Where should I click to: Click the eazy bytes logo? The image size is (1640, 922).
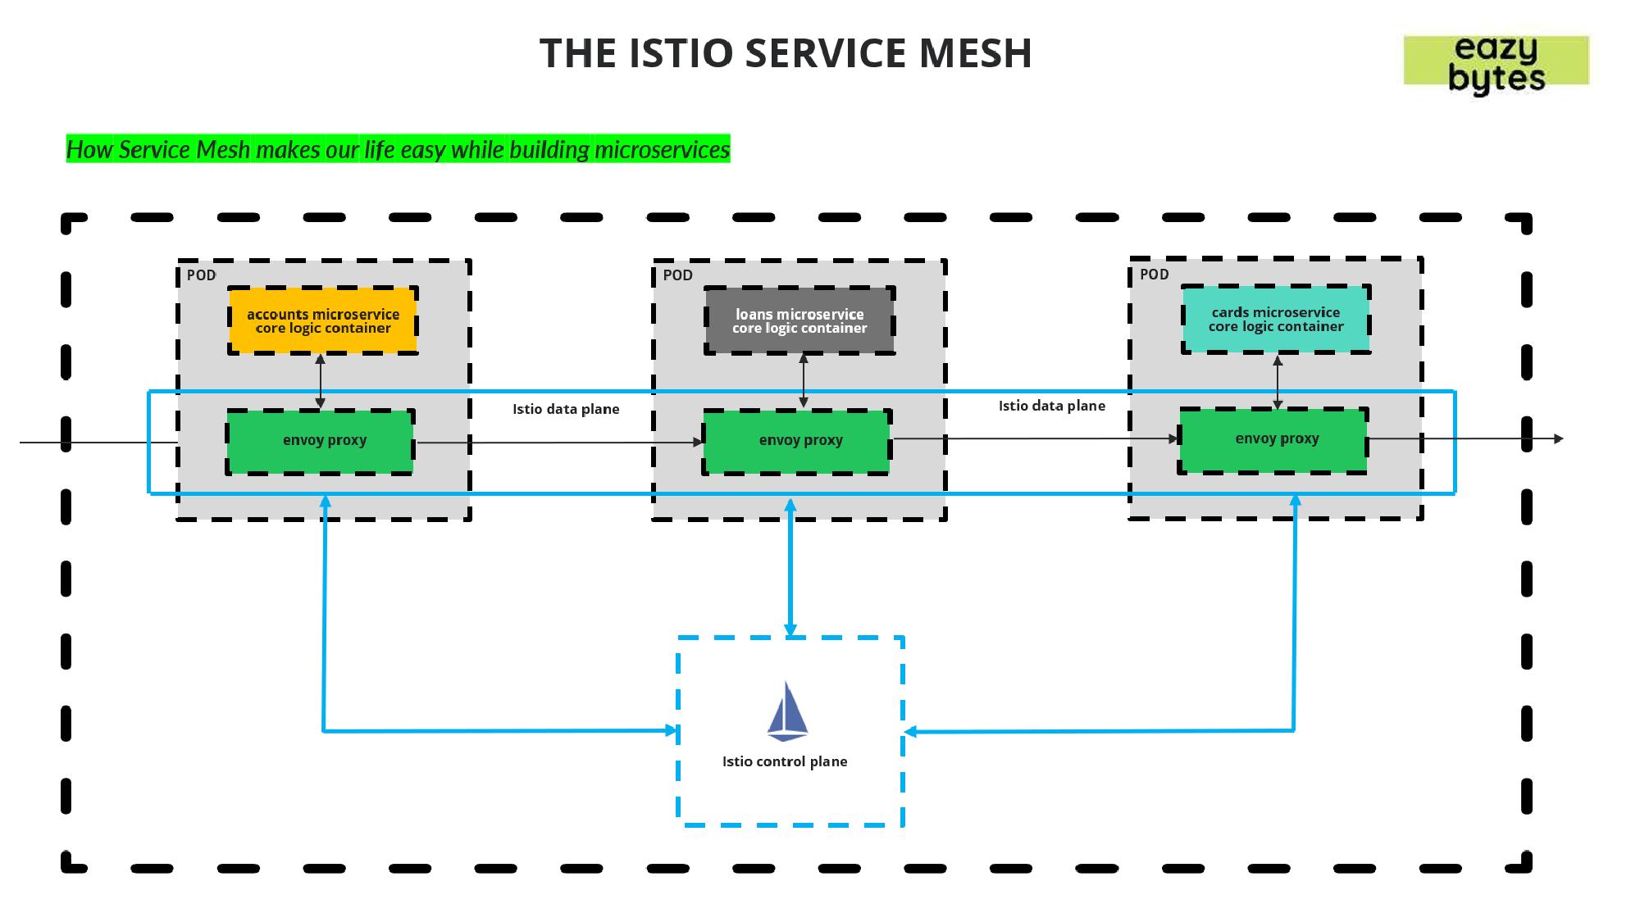(x=1496, y=62)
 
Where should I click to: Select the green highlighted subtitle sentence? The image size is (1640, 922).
(x=398, y=149)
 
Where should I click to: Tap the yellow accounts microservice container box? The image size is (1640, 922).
(x=323, y=320)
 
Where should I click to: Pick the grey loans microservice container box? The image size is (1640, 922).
(x=799, y=320)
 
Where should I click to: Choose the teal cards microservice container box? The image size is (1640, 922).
(x=1276, y=319)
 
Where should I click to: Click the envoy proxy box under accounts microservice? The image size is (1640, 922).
(x=321, y=441)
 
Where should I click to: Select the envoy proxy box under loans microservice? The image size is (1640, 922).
(x=797, y=441)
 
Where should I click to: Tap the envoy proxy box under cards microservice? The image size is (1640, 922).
(x=1273, y=439)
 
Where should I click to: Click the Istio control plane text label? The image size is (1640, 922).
(x=785, y=761)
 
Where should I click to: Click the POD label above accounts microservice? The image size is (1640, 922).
(x=201, y=275)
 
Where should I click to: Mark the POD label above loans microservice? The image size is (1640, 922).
(x=677, y=275)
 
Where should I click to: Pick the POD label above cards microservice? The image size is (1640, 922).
(x=1154, y=275)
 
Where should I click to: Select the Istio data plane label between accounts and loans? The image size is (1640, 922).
(x=566, y=409)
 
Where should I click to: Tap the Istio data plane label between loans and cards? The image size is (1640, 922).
(x=1051, y=406)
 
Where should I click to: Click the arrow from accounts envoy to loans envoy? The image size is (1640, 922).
(x=558, y=443)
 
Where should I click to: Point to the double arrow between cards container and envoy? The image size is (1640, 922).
(x=1278, y=382)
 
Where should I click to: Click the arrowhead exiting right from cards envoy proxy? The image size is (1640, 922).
(x=1558, y=439)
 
